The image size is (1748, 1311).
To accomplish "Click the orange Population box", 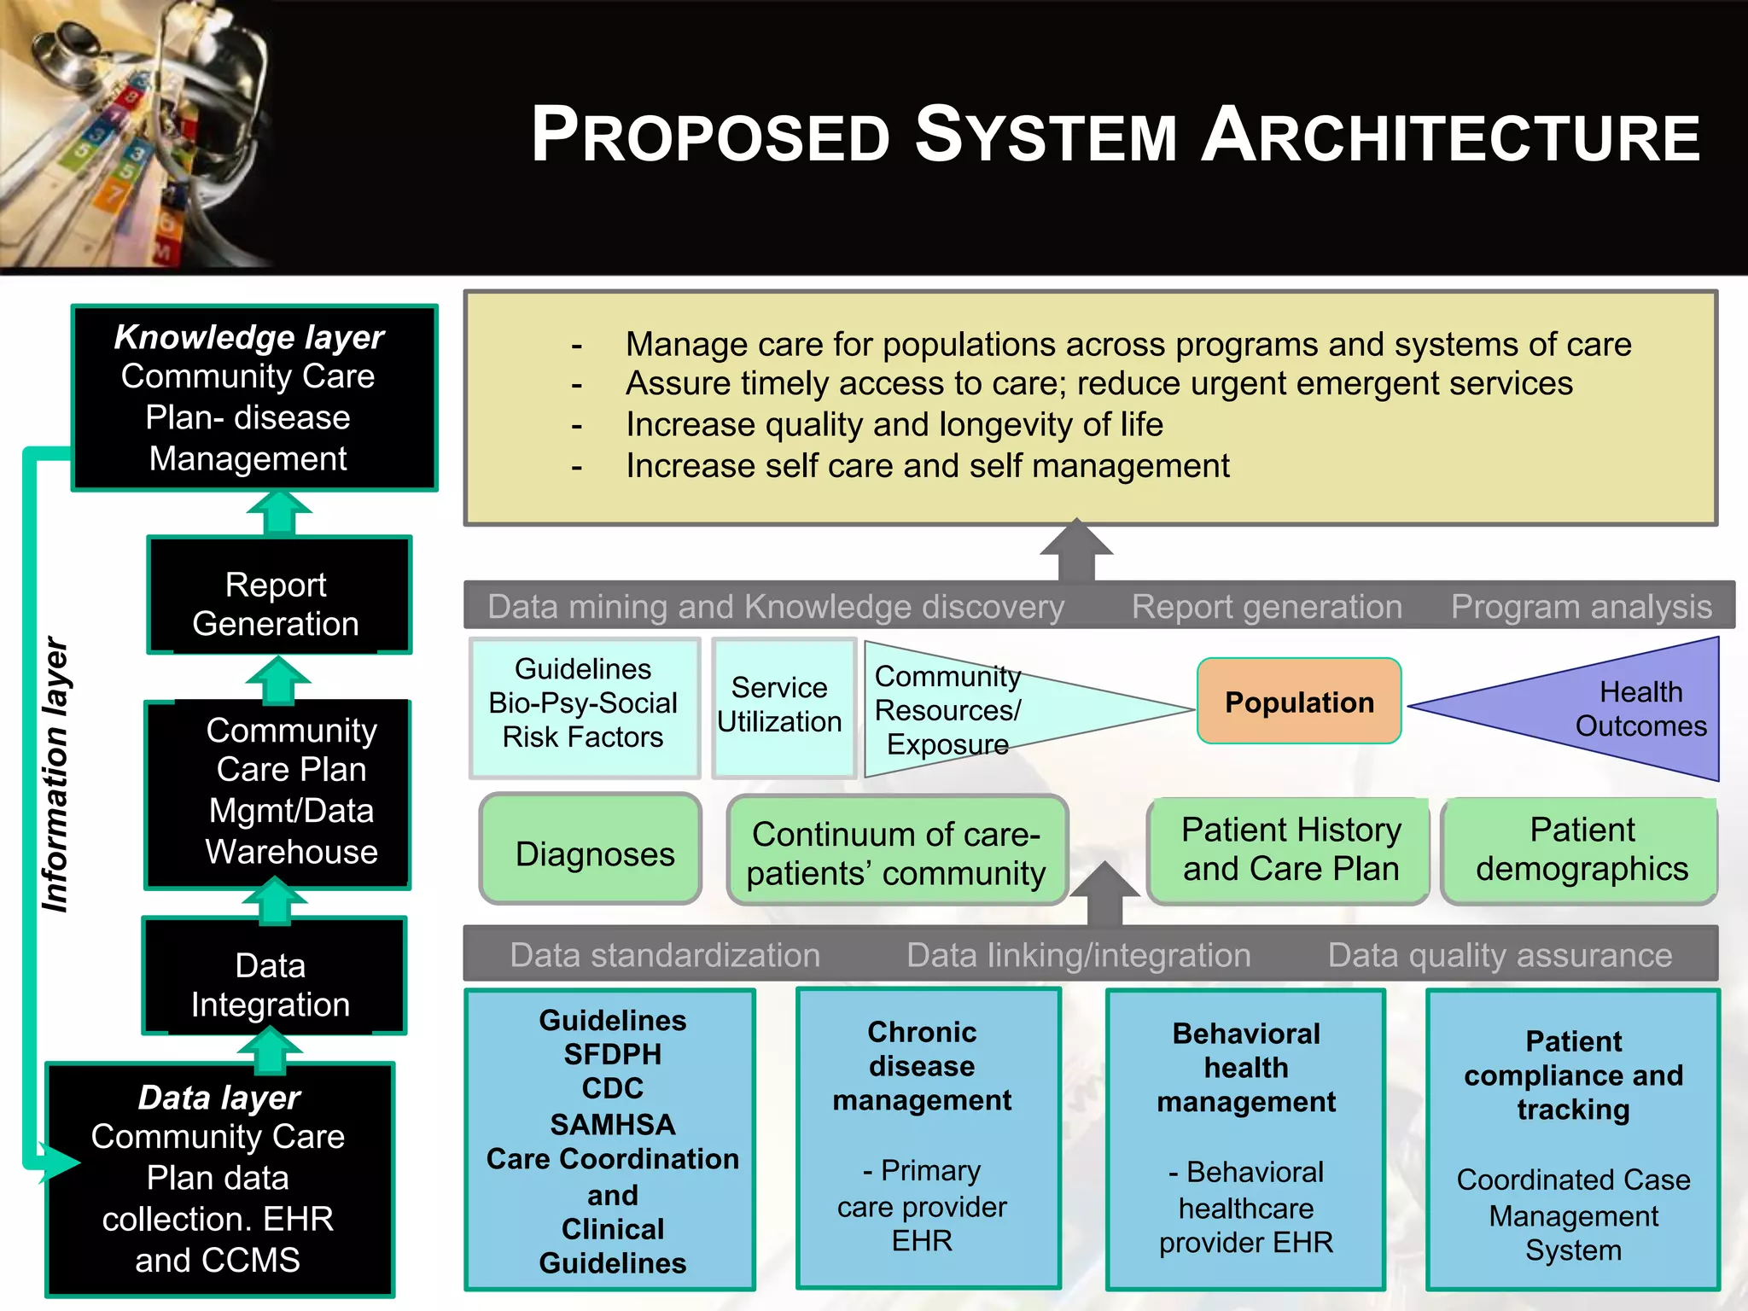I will [x=1298, y=701].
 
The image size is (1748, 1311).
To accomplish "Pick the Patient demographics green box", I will [x=1580, y=850].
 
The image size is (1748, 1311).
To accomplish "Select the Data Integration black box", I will [x=271, y=984].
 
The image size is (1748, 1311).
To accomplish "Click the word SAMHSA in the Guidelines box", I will [x=613, y=1124].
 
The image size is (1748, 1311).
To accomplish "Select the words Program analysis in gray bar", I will [x=1581, y=606].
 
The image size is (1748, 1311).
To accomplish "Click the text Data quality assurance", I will [x=1499, y=954].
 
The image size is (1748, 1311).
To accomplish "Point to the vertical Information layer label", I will [x=55, y=774].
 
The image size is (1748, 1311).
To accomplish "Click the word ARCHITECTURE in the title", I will [x=1451, y=137].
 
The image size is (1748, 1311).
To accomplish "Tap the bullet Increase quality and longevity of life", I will [x=894, y=424].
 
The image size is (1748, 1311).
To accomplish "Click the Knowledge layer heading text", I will [x=249, y=337].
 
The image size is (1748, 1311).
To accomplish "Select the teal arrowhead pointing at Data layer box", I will [x=58, y=1162].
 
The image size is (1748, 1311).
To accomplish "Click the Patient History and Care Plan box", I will [x=1290, y=848].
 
